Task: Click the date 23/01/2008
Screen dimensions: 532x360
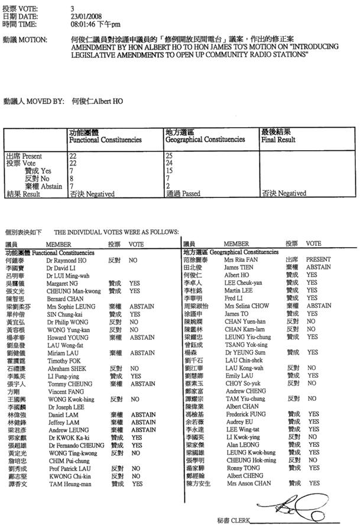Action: pos(85,17)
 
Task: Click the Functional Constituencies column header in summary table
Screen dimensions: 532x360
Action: pos(105,140)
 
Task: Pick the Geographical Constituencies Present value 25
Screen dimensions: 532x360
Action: pos(169,155)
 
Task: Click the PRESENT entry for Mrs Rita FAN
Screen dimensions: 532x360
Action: pos(319,259)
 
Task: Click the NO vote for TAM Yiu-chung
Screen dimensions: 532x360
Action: pos(312,398)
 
